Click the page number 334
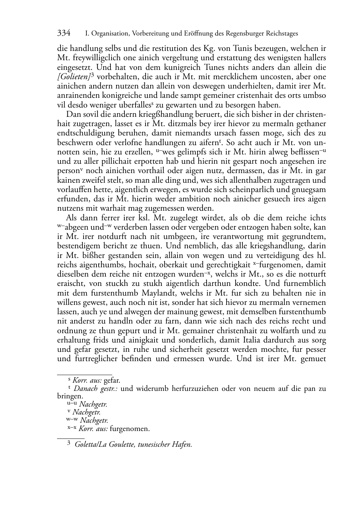pyautogui.click(x=64, y=33)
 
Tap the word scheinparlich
pyautogui.click(x=233, y=189)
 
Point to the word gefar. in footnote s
pyautogui.click(x=112, y=380)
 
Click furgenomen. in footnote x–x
pyautogui.click(x=130, y=428)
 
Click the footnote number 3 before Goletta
pyautogui.click(x=69, y=445)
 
